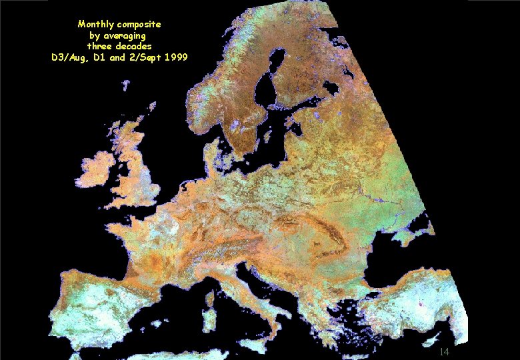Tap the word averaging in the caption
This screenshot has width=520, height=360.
(124, 35)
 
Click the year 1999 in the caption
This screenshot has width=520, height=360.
(175, 57)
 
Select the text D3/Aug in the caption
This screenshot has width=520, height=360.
(69, 57)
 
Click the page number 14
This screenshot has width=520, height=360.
(445, 351)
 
